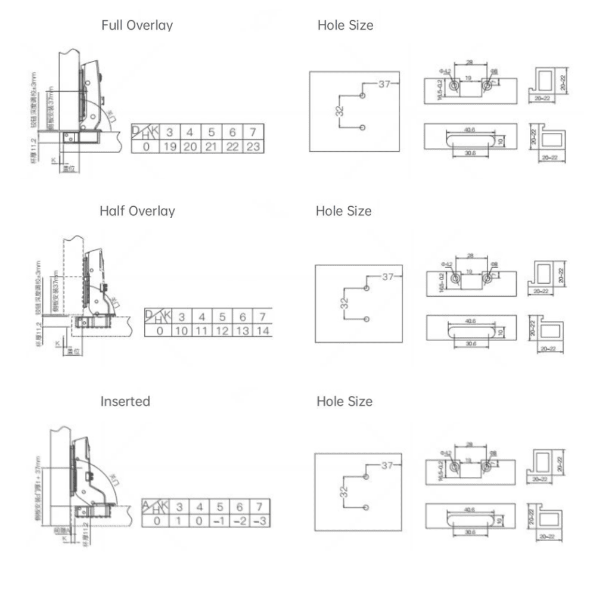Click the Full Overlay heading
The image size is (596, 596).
(137, 26)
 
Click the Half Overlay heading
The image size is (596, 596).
(137, 211)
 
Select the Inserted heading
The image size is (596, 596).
(125, 401)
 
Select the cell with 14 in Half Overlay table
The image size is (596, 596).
(263, 331)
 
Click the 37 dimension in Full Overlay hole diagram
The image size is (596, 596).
(385, 84)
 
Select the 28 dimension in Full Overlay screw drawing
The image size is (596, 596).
(470, 62)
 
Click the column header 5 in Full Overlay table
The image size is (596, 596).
(211, 132)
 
